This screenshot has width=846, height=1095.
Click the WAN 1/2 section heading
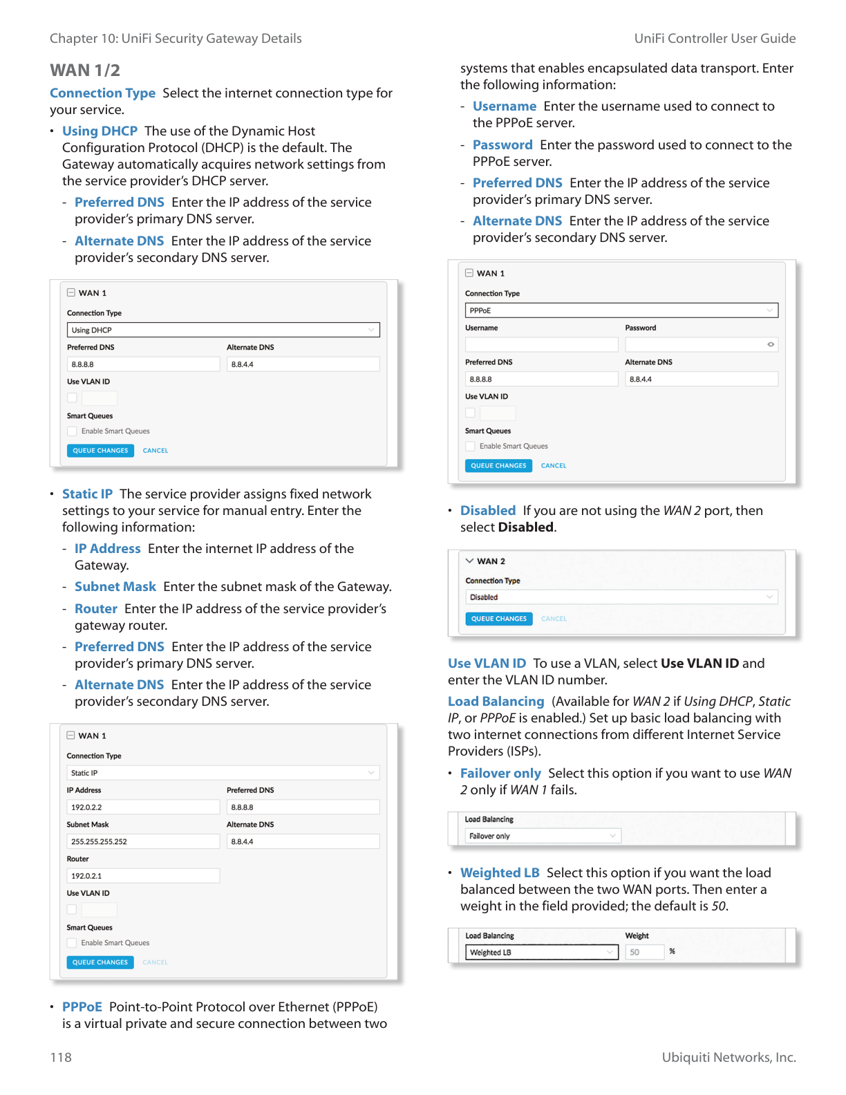85,71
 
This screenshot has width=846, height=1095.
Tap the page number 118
61,1057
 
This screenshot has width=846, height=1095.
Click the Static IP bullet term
87,494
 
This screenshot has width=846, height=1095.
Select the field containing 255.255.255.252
143,841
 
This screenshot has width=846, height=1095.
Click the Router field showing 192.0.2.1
143,876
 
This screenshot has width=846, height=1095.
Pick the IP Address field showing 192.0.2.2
143,807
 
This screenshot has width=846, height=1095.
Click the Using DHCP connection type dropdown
223,330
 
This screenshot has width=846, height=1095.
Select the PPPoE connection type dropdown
621,310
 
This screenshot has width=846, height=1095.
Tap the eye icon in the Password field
771,344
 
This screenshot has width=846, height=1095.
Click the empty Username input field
542,344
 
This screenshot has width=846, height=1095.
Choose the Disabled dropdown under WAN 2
621,597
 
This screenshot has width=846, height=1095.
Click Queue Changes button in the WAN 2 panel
499,619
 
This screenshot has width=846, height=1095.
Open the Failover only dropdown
543,836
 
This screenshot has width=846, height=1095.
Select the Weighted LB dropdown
542,953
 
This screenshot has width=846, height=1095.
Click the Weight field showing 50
644,953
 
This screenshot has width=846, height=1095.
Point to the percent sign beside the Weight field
673,952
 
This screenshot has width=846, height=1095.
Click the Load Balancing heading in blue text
496,702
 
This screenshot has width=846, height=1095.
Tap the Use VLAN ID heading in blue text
487,664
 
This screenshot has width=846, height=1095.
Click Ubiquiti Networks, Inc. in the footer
728,1057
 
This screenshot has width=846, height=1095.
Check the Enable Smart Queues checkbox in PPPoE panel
471,447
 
